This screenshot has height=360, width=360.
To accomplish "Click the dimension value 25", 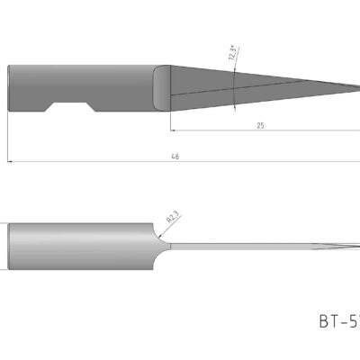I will pyautogui.click(x=259, y=126).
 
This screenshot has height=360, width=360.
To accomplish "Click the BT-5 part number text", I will pyautogui.click(x=338, y=319).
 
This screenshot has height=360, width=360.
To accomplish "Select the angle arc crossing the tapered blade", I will pyautogui.click(x=236, y=90).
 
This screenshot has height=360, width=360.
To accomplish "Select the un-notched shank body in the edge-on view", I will pyautogui.click(x=81, y=245).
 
